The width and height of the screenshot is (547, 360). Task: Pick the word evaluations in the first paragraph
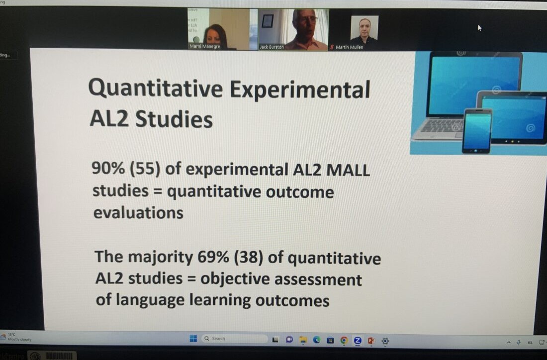pyautogui.click(x=138, y=213)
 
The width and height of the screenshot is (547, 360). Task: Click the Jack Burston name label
pyautogui.click(x=272, y=47)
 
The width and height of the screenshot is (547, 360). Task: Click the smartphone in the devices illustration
pyautogui.click(x=477, y=131)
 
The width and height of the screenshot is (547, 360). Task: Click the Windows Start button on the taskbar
pyautogui.click(x=193, y=339)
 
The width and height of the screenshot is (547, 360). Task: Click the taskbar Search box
pyautogui.click(x=234, y=339)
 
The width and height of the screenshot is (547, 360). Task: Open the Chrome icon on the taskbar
pyautogui.click(x=344, y=341)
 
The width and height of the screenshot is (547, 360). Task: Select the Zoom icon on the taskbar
pyautogui.click(x=357, y=341)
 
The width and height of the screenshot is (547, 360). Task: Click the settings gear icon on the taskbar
pyautogui.click(x=385, y=341)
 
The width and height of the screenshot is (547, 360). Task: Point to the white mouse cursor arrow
pyautogui.click(x=480, y=28)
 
